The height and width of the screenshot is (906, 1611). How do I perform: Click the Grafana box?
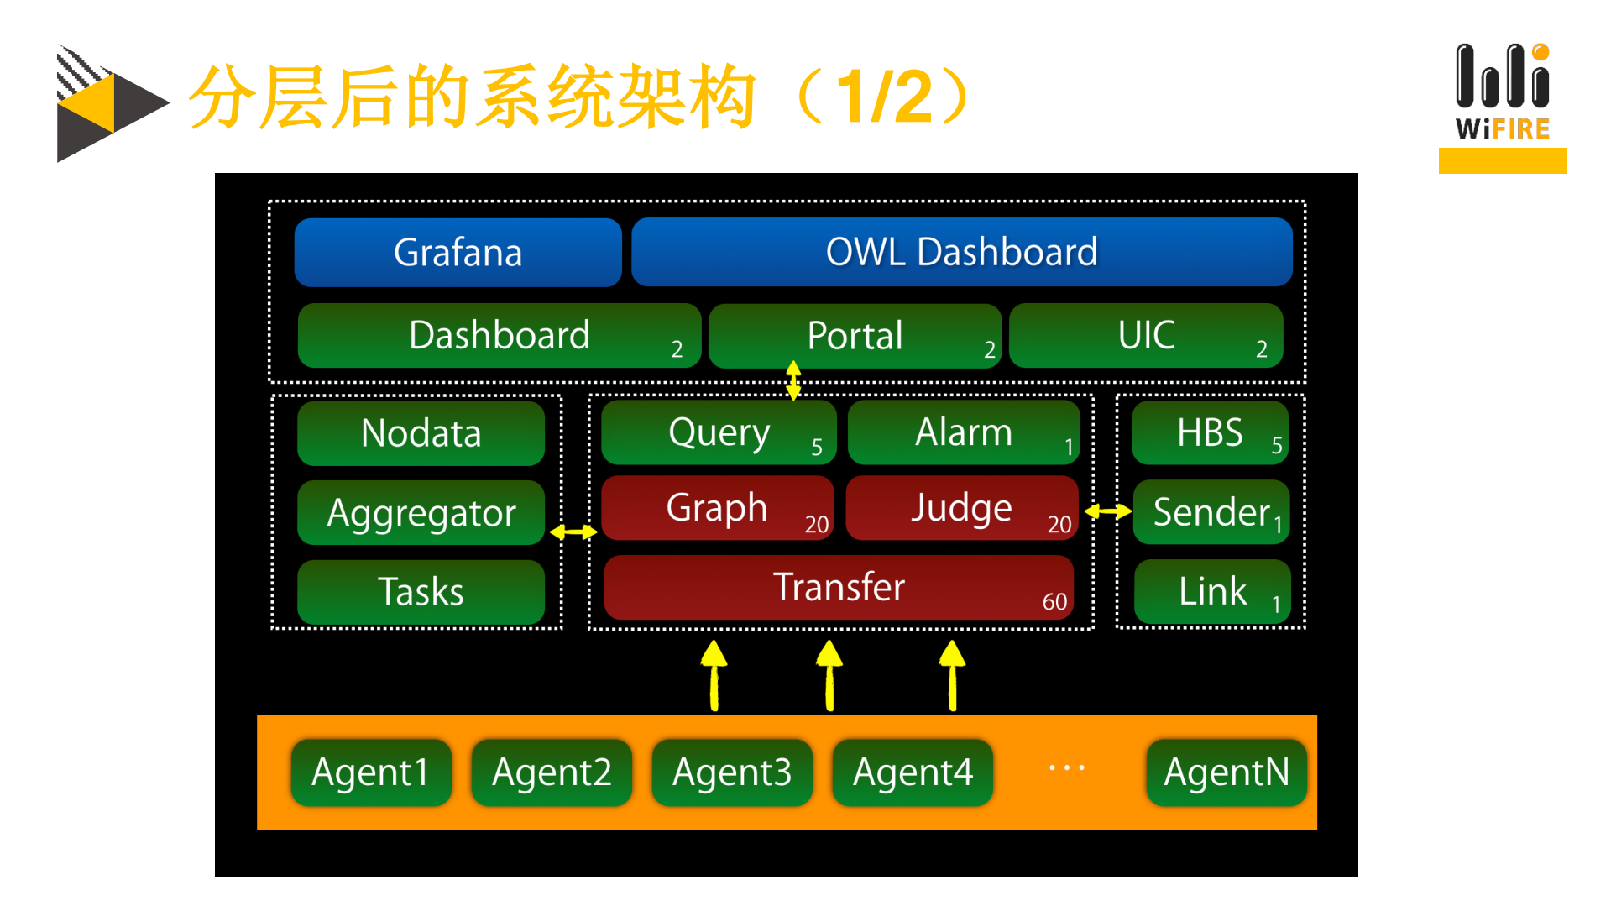pos(458,252)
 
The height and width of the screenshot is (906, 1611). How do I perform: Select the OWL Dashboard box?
pos(961,252)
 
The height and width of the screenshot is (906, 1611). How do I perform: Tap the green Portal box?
pos(855,336)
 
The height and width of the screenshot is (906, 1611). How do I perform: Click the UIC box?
pos(1146,336)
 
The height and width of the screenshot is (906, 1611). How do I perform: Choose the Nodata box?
pos(421,433)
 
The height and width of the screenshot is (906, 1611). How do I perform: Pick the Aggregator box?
pos(421,512)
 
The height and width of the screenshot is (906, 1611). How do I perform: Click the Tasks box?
pos(421,591)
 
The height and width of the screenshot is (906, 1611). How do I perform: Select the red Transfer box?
pos(838,587)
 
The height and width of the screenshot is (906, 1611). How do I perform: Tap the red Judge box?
pos(962,508)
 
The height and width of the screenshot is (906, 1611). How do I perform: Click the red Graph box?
pos(717,508)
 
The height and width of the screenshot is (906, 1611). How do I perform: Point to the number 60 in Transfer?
pos(1054,602)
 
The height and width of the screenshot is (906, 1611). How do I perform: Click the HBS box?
pos(1210,433)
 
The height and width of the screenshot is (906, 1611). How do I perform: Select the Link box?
pos(1212,591)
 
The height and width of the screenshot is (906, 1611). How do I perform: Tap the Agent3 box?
pos(732,772)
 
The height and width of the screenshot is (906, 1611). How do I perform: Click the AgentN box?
pos(1227,772)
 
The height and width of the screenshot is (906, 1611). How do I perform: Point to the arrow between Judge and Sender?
pos(1108,511)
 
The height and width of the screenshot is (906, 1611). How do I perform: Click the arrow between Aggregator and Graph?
pos(573,532)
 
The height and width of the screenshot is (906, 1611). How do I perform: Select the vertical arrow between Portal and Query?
pos(793,380)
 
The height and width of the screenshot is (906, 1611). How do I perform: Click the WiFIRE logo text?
pos(1502,129)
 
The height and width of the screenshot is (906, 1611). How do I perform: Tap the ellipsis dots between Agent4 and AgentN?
pos(1067,767)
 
